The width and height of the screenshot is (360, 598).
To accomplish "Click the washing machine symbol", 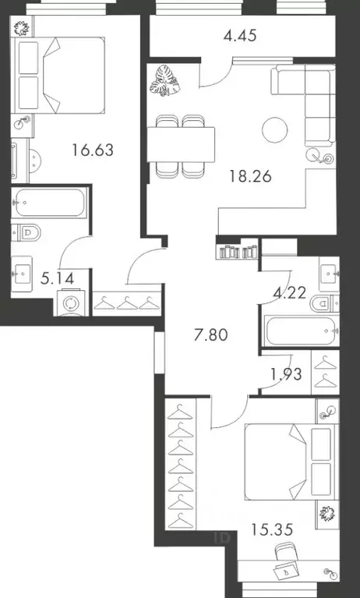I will tap(71, 304).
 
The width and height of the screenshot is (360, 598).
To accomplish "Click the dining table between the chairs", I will tap(183, 144).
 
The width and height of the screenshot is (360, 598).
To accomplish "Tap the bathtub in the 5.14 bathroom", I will tap(48, 203).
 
